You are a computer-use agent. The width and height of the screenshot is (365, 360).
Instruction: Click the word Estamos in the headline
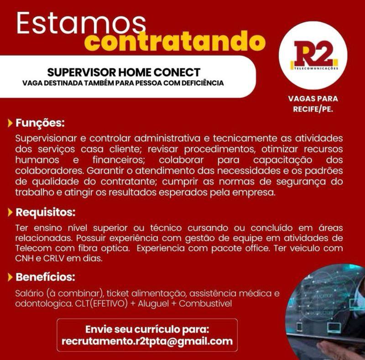click(x=81, y=23)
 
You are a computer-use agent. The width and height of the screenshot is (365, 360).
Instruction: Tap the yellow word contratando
click(x=175, y=41)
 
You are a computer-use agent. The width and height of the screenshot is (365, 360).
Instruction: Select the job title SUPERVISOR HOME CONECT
click(x=124, y=72)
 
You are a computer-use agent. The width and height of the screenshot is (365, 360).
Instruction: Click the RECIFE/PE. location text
click(x=313, y=109)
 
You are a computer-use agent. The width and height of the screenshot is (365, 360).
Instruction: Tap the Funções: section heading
click(x=40, y=123)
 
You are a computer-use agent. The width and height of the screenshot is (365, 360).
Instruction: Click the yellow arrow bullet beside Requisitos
click(x=10, y=212)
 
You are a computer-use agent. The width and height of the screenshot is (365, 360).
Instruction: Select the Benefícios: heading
click(x=45, y=277)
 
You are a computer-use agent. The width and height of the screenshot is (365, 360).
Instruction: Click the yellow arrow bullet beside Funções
click(x=10, y=123)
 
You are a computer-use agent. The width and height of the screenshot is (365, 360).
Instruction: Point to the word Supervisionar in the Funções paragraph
click(x=46, y=139)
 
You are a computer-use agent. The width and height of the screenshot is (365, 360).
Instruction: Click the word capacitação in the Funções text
click(x=283, y=160)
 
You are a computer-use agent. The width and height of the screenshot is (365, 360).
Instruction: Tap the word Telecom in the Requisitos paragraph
click(x=33, y=248)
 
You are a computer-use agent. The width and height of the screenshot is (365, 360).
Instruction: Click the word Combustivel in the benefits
click(x=206, y=303)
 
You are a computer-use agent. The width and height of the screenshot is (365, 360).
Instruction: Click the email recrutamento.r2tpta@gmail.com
click(x=147, y=341)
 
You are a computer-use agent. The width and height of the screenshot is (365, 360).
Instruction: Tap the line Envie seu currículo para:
click(x=147, y=329)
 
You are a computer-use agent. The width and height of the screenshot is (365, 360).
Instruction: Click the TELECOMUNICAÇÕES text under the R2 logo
click(x=316, y=68)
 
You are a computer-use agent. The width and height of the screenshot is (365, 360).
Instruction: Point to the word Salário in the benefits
click(x=29, y=293)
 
